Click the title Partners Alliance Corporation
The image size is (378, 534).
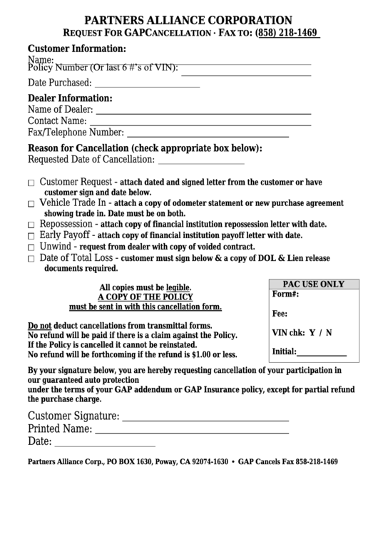coord(188,20)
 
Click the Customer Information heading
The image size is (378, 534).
coord(76,48)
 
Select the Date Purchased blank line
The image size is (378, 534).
coord(147,86)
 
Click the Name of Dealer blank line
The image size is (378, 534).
coord(203,113)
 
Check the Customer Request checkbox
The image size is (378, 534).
coord(31,183)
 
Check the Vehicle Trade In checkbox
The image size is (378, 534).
coord(31,204)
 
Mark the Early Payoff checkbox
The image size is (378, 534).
coord(31,236)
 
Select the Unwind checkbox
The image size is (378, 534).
coord(31,247)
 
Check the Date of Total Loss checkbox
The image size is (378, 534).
coord(31,259)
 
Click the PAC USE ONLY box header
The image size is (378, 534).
coord(313,283)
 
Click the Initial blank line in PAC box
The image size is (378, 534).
coord(322,354)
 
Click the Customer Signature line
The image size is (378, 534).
coord(205,420)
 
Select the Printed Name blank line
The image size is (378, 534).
coord(192,433)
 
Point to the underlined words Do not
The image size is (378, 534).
coord(39,325)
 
